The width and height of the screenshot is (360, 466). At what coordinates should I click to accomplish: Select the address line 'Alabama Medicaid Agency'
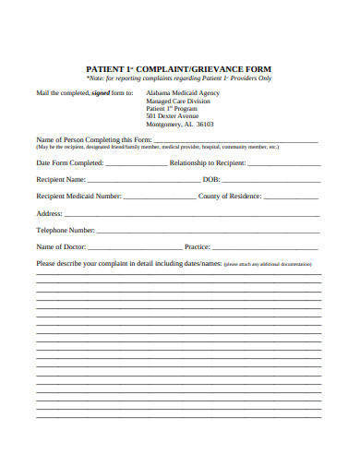point(183,93)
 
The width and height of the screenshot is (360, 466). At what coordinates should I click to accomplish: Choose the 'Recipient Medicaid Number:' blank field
point(159,197)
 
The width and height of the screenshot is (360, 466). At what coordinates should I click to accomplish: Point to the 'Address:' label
point(50,213)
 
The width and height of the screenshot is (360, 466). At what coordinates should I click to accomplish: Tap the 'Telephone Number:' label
point(66,230)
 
